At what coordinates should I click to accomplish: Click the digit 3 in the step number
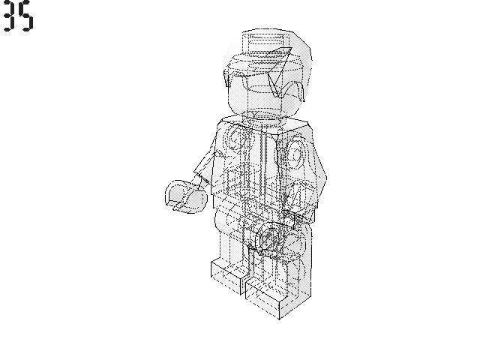(10, 16)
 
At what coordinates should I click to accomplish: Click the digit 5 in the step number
(27, 16)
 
